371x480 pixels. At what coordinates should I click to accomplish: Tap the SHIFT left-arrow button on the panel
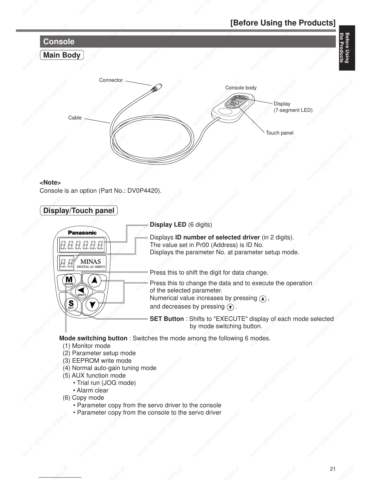(81, 291)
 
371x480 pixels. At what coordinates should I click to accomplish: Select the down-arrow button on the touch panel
(93, 304)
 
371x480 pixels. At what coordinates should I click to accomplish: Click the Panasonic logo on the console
(82, 233)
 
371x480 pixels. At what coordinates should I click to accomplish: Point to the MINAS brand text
(91, 261)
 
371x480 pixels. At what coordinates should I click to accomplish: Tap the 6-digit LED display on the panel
(82, 245)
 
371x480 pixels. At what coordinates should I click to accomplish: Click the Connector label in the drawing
(111, 80)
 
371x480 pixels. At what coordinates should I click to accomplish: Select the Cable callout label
(75, 118)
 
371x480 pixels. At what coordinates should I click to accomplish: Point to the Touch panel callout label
(279, 133)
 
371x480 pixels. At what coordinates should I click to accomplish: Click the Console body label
(241, 88)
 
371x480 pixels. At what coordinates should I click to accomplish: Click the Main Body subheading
(62, 55)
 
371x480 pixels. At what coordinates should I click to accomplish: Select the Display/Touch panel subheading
(79, 211)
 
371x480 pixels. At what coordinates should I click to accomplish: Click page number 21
(333, 469)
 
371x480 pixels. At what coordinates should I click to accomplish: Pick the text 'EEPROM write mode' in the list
(102, 361)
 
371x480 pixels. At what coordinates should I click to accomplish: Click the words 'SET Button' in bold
(167, 319)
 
